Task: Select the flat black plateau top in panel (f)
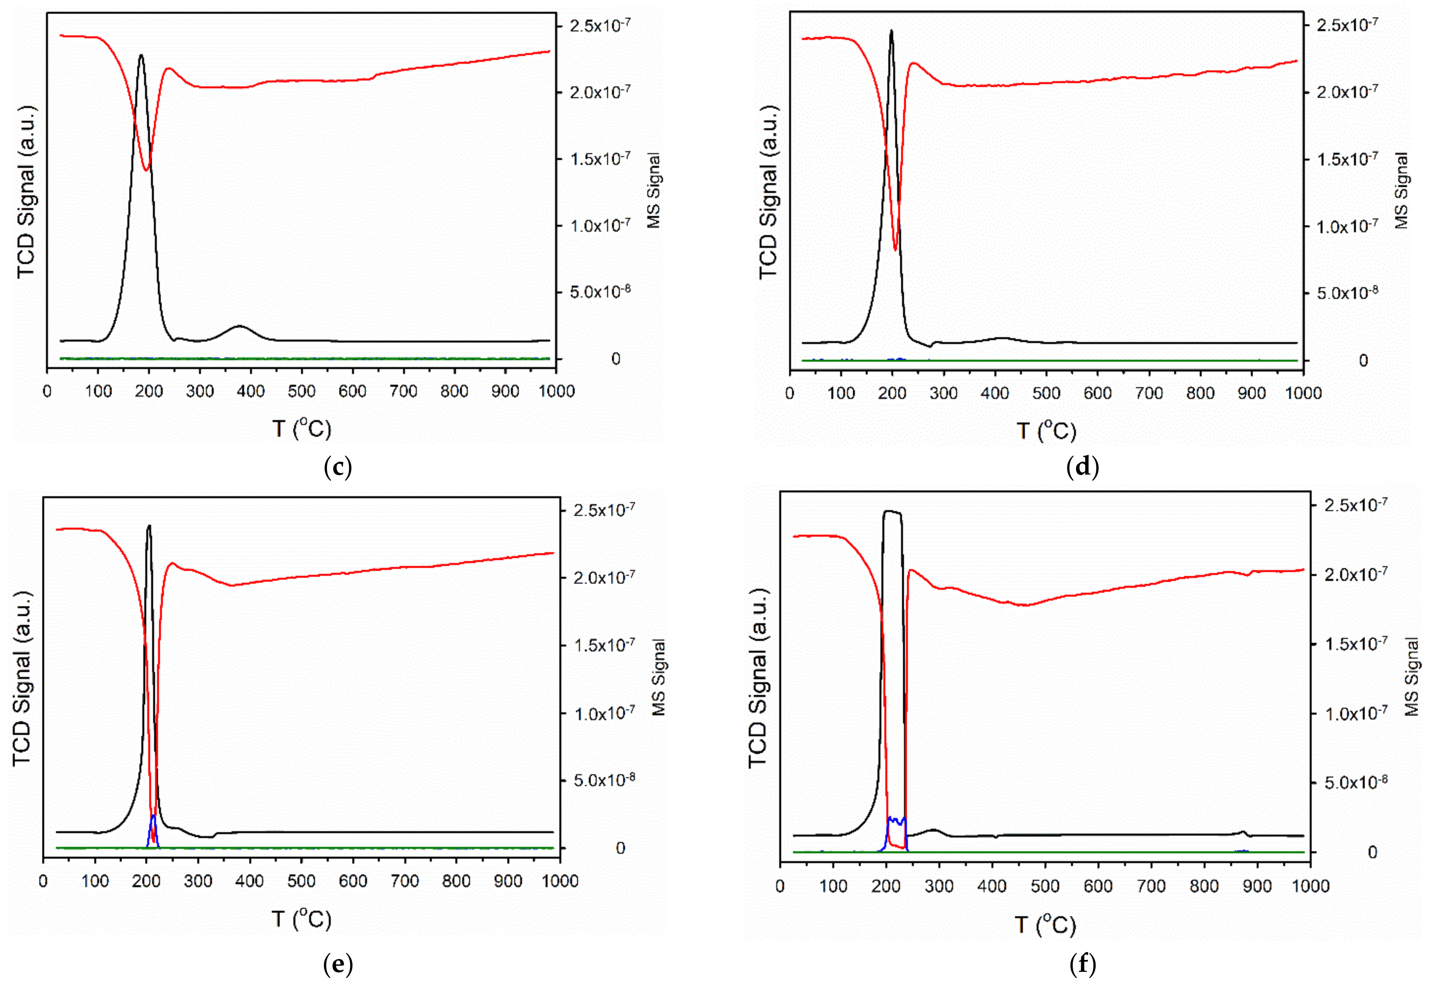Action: (x=892, y=511)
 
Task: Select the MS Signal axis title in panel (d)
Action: (x=1402, y=190)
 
